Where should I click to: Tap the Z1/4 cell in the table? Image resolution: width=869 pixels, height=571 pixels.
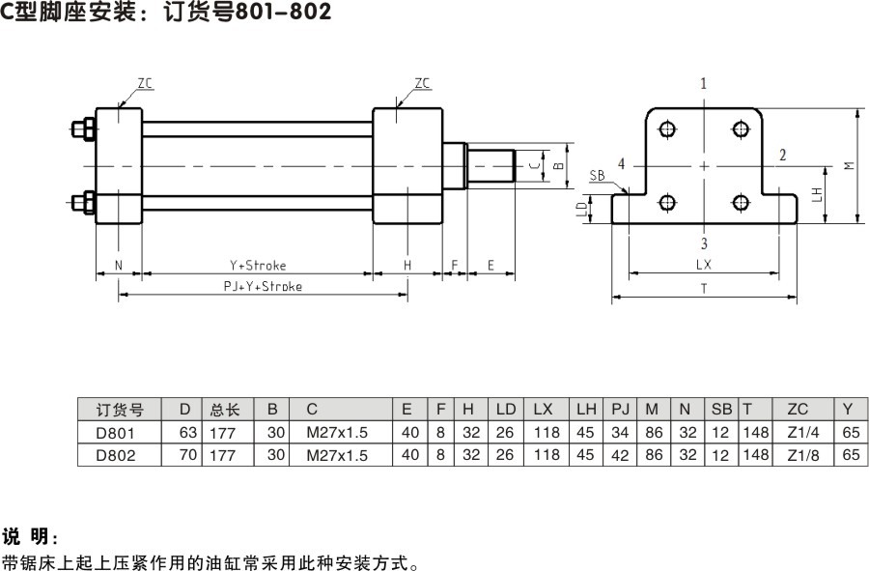point(798,432)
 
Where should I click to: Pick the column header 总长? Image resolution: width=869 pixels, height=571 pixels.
point(225,410)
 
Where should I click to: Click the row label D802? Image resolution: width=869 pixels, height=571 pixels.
point(115,454)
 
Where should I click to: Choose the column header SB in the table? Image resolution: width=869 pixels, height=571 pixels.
point(721,410)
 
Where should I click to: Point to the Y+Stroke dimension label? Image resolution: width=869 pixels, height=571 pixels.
point(257,265)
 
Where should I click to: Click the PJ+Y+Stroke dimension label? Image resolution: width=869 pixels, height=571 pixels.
point(263,286)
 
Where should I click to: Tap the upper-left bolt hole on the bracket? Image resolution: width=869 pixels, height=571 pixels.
point(667,129)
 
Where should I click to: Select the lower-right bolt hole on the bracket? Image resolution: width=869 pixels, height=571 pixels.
point(741,202)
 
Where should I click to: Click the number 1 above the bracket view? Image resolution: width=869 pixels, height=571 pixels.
point(704,84)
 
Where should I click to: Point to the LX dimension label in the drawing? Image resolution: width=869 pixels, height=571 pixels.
point(703,264)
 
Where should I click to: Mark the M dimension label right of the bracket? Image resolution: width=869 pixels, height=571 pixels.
point(848,164)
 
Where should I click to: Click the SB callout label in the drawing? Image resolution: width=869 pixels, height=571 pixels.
point(597,176)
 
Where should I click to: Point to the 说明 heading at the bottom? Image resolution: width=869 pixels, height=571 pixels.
point(30,536)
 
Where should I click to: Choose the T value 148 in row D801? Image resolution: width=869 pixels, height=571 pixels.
point(755,432)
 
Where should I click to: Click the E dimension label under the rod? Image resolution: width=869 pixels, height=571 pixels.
point(491,265)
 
